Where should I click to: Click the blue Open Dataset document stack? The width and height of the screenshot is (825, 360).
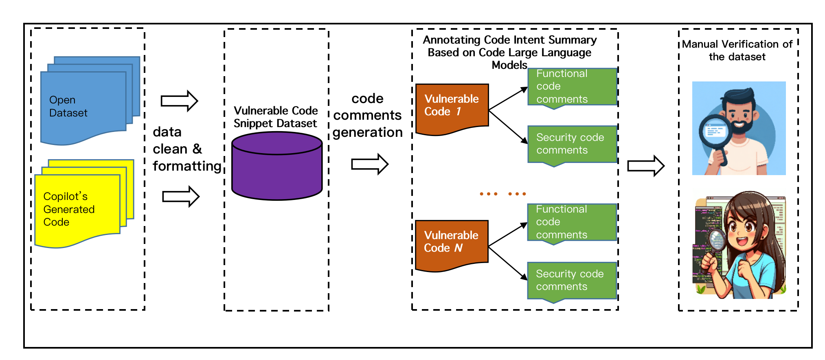(83, 106)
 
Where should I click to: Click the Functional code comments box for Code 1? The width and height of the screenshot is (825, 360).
(572, 87)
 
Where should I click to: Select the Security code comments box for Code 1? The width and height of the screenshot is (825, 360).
(572, 144)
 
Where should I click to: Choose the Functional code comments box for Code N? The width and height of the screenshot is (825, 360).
(572, 222)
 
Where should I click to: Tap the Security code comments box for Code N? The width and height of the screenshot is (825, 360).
(572, 281)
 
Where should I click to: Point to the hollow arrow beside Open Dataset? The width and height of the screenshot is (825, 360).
(179, 101)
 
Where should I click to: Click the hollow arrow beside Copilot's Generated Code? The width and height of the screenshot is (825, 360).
(180, 197)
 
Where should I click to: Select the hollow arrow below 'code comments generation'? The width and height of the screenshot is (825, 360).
(369, 164)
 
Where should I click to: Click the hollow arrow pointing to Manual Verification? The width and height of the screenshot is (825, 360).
(645, 166)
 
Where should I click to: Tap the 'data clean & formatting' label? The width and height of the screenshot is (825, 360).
(187, 149)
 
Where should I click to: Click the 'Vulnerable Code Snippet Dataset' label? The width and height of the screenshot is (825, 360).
(276, 117)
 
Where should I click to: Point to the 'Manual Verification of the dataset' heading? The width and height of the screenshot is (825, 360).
(737, 50)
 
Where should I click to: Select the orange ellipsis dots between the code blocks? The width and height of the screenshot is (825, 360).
(503, 194)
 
